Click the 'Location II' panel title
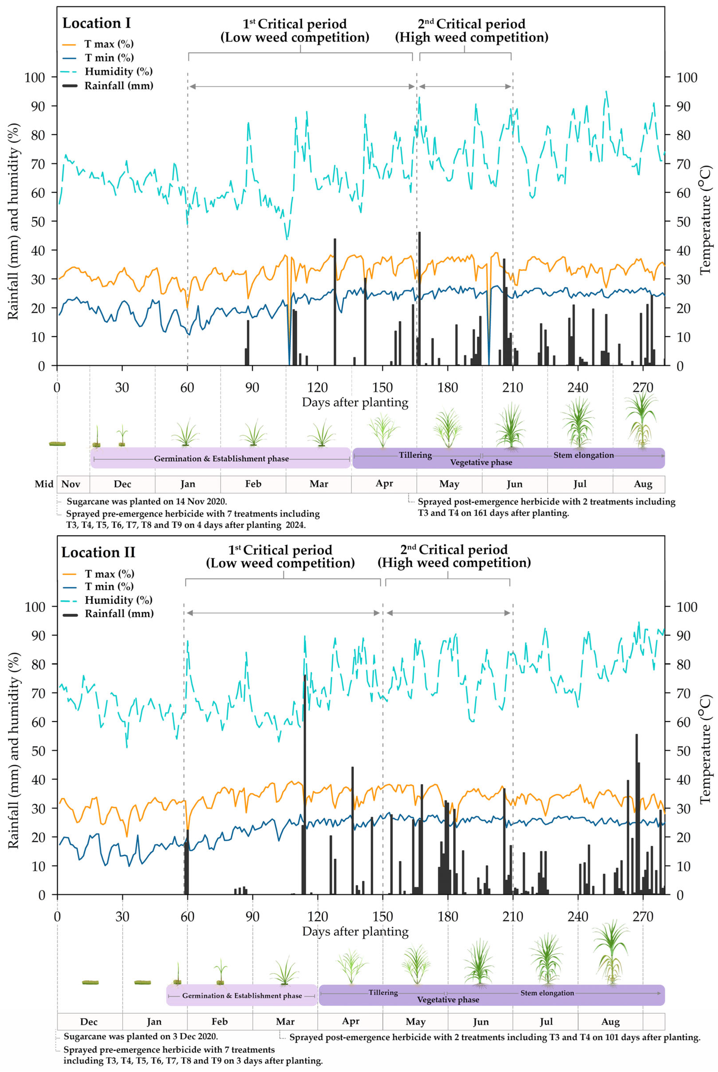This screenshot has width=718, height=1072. coord(98,553)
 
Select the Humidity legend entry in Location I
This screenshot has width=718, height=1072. coord(118,71)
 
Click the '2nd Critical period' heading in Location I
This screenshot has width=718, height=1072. coord(472,30)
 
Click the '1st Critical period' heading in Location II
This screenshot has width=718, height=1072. coord(280,556)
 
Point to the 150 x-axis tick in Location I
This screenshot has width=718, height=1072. coord(382,388)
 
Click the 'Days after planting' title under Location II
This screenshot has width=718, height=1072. coord(355,932)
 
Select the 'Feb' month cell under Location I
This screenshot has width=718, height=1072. coord(253,484)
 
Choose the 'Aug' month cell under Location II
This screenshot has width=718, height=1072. coord(610,1022)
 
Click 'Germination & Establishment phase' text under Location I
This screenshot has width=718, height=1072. coord(221,459)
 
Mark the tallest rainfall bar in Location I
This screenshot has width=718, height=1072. coord(419,298)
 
